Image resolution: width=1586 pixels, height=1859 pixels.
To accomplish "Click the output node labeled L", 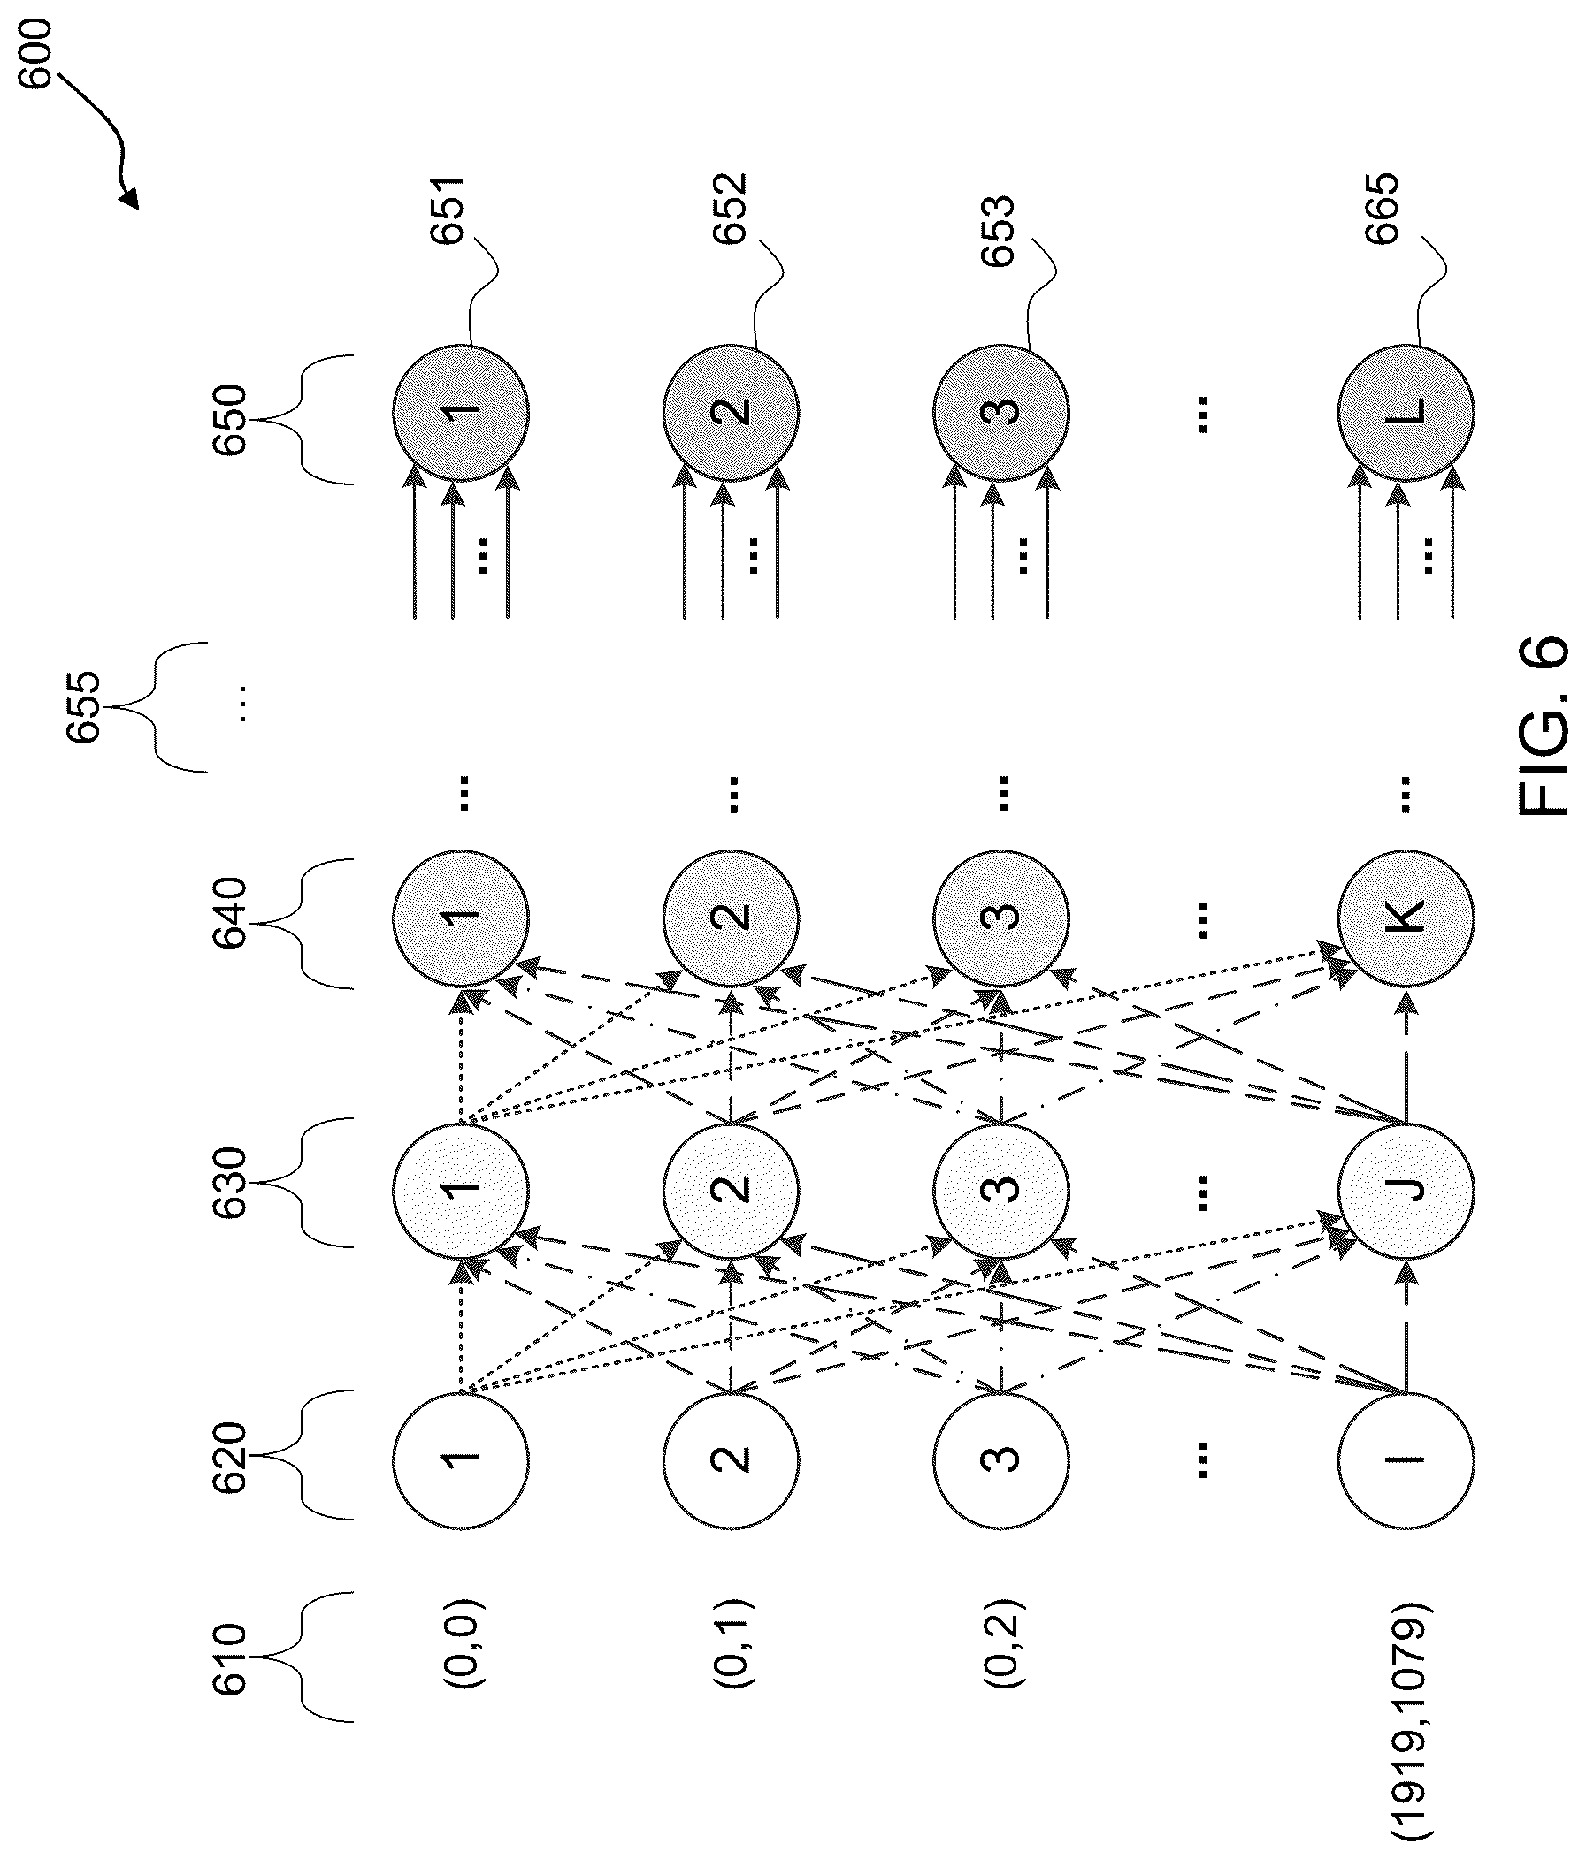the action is click(x=1406, y=414).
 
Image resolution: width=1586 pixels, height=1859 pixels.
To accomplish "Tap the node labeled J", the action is click(x=1406, y=1190).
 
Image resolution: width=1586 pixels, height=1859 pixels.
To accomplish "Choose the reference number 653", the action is click(x=998, y=231).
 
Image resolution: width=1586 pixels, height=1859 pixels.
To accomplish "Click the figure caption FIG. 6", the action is click(x=1544, y=726).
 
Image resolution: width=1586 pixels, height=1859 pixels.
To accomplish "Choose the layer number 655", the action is click(x=83, y=708).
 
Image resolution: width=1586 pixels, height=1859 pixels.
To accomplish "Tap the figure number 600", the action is click(x=37, y=54).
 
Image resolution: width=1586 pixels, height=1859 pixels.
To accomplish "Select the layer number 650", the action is click(x=230, y=419).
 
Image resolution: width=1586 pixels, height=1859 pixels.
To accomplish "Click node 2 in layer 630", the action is click(x=732, y=1190).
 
